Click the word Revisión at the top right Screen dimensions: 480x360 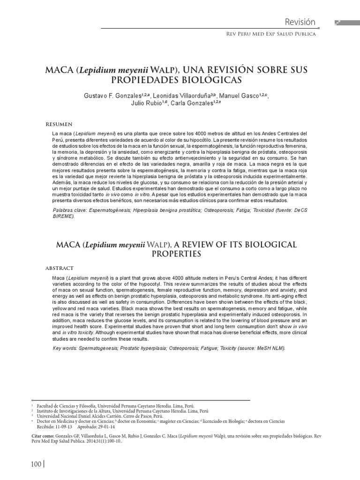coord(300,22)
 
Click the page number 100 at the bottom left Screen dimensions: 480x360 coord(36,464)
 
